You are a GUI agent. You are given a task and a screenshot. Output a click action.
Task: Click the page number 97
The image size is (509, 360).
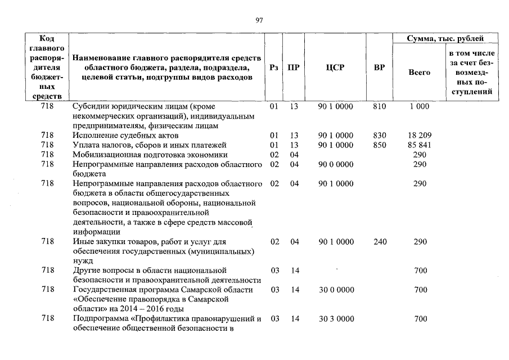[x=259, y=20]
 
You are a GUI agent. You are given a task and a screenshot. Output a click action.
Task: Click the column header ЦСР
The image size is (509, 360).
[x=336, y=68]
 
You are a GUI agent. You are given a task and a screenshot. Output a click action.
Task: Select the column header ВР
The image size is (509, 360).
[x=380, y=68]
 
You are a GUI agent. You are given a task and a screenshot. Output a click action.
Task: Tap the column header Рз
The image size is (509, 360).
[x=274, y=68]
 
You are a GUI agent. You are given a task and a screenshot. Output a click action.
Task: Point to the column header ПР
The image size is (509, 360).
[x=294, y=68]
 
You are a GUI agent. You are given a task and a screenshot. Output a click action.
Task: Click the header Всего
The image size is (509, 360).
[x=419, y=73]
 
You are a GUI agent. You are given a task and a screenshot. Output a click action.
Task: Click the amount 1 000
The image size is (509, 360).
[x=420, y=106]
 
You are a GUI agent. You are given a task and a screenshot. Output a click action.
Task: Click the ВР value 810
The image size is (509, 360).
[x=380, y=106]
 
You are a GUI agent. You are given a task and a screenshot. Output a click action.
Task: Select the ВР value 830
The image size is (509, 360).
[x=380, y=136]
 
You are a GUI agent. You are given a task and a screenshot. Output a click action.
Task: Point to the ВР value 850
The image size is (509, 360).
[x=380, y=145]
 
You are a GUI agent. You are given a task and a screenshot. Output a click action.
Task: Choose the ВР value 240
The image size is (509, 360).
[x=380, y=241]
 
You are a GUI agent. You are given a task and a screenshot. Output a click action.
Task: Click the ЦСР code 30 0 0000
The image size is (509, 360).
[x=336, y=290]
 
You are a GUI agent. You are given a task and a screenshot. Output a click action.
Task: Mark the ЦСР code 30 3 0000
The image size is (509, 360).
[x=336, y=319]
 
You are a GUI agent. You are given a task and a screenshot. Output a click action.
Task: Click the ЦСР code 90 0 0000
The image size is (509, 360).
[x=336, y=164]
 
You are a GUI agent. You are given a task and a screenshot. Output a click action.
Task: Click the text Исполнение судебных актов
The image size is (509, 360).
[x=125, y=136]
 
